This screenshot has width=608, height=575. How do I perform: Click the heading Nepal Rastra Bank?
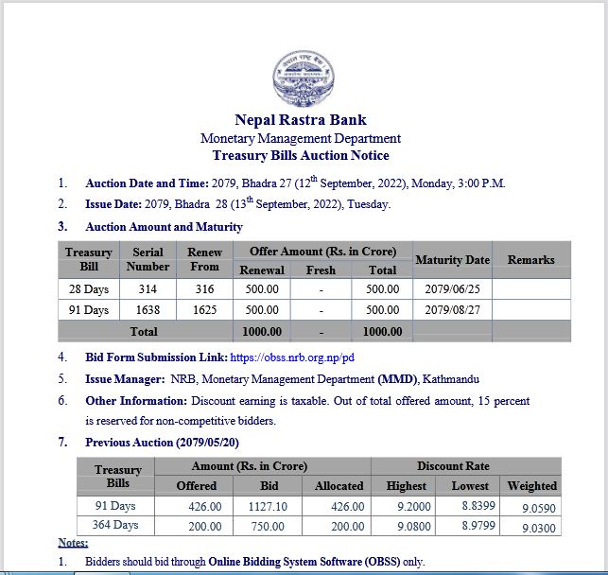(301, 120)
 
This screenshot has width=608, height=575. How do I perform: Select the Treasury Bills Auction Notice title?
(301, 155)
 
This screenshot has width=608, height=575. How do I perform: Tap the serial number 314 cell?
(147, 289)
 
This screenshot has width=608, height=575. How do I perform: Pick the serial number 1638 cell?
(147, 310)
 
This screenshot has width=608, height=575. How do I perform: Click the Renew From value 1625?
(204, 310)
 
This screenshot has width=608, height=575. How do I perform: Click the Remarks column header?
(530, 259)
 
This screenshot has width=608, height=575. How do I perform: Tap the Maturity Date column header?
(452, 259)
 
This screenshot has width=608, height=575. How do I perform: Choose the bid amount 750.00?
(268, 526)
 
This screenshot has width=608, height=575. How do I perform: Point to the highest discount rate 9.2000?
(406, 506)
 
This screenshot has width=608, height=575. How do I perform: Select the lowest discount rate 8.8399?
(470, 506)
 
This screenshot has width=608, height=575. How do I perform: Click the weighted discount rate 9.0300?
(532, 527)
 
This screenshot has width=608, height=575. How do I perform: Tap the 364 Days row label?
(115, 526)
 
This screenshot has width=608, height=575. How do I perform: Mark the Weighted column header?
(531, 486)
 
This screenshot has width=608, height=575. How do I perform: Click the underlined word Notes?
(73, 543)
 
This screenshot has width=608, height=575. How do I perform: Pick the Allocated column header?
(339, 486)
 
